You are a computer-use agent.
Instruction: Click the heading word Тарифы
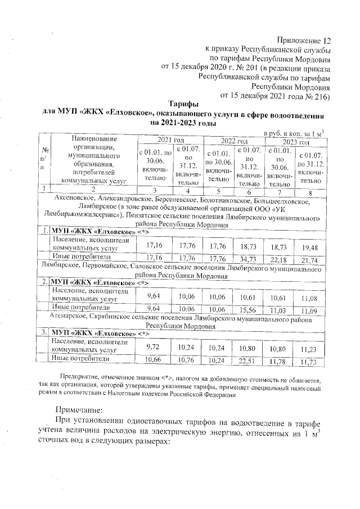pos(183,105)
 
